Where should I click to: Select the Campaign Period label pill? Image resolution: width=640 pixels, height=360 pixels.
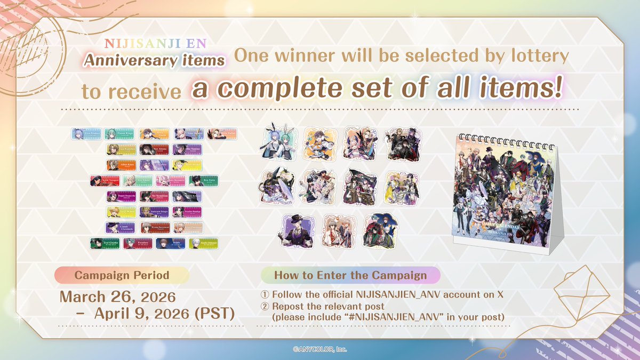coord(122,275)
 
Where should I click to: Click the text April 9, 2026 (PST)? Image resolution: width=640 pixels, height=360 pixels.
coord(164,313)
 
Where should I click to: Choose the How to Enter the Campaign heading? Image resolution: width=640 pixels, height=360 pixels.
coord(350,275)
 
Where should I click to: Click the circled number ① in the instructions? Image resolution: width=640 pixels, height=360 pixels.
coord(265,295)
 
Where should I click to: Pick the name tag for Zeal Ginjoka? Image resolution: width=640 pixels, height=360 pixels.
coord(105,244)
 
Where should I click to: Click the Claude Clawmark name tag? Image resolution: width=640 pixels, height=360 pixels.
coord(122,228)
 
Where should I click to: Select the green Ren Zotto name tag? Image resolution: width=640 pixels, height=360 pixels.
coord(205,181)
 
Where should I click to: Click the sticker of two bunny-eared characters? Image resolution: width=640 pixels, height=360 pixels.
coord(276,143)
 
